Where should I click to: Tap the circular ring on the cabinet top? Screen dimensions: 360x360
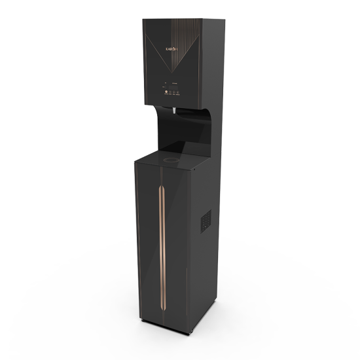[x=173, y=158]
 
